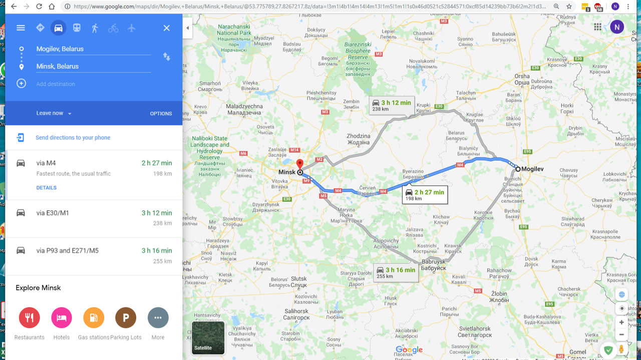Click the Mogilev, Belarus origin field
point(93,49)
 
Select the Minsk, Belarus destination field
point(93,66)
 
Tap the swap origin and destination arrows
point(167,57)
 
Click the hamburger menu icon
point(21,28)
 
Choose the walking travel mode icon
point(95,28)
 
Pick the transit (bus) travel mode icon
point(77,28)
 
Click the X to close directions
point(167,28)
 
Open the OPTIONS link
point(161,114)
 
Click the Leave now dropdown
point(54,113)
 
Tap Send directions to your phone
point(73,138)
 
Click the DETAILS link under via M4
point(46,188)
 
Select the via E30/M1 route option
point(94,218)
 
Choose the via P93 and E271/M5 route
point(94,255)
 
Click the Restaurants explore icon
point(30,317)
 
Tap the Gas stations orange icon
point(94,317)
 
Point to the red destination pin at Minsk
point(299,164)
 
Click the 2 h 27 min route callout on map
point(425,195)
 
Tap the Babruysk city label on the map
point(433,262)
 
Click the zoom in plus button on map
point(621,322)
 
